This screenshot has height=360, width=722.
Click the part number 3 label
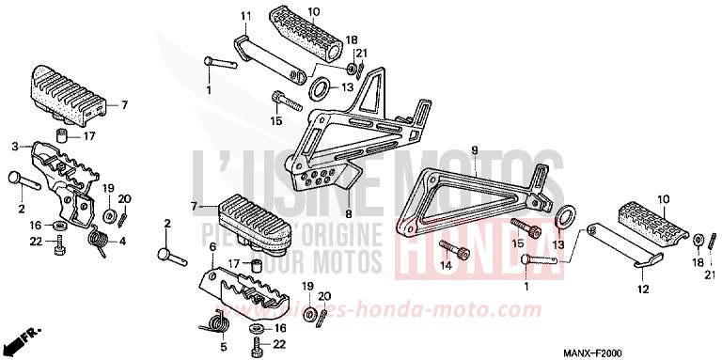[x=14, y=147]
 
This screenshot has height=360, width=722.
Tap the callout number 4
[x=121, y=240]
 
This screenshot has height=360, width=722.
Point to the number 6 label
[x=213, y=246]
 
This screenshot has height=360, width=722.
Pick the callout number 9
[x=475, y=149]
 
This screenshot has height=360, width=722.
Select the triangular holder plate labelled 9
[x=470, y=193]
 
